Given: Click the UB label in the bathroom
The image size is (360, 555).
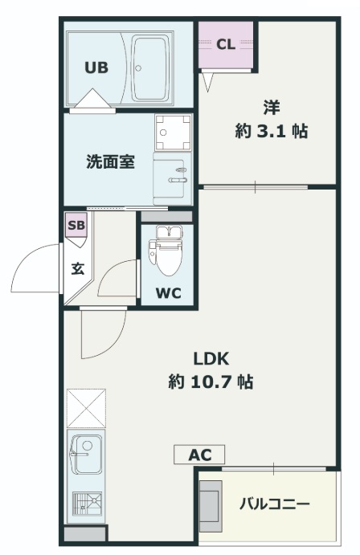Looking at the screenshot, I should point(97,67).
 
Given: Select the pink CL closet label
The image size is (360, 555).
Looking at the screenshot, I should point(226,44).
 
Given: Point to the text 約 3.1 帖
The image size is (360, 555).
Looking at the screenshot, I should point(271,131).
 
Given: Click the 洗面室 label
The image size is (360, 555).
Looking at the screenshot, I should point(110,161).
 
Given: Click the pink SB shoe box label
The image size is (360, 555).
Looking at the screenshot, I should point(76,225).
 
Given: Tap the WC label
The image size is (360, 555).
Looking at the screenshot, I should point(168,292).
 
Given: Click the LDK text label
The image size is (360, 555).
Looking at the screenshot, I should point(211,358).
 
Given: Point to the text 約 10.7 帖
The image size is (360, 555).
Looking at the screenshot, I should point(211,382).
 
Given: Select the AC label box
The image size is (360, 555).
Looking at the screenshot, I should point(199,455).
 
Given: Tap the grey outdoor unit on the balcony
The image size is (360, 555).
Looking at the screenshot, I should point(210,505).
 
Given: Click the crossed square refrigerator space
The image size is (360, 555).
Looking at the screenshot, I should point(85,407).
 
